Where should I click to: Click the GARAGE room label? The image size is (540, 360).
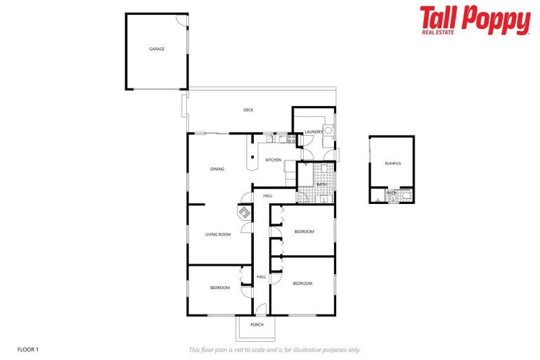[156, 49]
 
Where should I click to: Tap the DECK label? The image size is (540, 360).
[248, 110]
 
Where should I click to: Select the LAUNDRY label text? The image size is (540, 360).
[314, 131]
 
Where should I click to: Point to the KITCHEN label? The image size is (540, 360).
[273, 160]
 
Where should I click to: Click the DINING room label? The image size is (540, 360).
[217, 169]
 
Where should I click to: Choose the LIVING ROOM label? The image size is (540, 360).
[217, 234]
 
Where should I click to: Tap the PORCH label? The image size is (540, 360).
[257, 325]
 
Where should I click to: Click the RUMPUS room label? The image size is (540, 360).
[392, 163]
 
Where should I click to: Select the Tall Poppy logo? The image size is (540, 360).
[475, 20]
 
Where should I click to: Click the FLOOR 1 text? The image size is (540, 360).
[28, 349]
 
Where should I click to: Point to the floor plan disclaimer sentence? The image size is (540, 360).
[274, 349]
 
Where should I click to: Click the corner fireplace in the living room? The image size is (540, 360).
[243, 212]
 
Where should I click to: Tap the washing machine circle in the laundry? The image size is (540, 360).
[328, 130]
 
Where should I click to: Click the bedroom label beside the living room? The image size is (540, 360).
[219, 288]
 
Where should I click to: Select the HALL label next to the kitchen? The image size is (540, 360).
[268, 195]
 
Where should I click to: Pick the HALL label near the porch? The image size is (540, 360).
[261, 277]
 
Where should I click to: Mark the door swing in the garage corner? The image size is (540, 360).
[181, 20]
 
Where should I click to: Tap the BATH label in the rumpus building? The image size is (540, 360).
[390, 193]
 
